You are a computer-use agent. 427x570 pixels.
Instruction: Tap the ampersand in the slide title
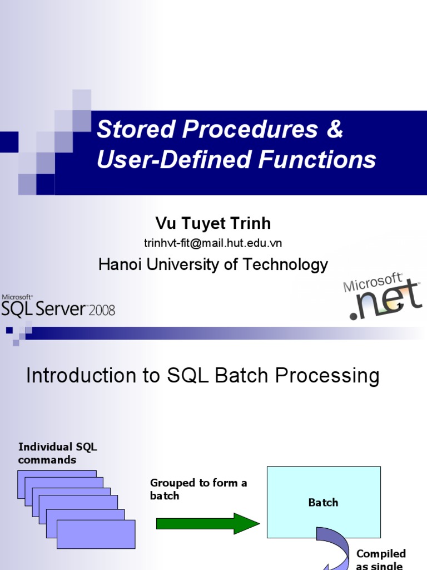[x=334, y=130]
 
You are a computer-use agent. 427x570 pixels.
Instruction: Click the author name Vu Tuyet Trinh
[x=213, y=223]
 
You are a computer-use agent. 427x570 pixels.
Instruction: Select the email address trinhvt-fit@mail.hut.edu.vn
[x=213, y=243]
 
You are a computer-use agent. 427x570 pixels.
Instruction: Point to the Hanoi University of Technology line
[x=213, y=264]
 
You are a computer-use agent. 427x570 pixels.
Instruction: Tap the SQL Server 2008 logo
[x=58, y=306]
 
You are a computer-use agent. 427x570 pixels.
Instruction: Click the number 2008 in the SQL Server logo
[x=102, y=309]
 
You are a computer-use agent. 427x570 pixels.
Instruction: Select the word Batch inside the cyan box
[x=323, y=503]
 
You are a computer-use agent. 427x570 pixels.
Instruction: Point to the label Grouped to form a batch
[x=198, y=489]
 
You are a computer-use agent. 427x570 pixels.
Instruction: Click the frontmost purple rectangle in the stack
[x=96, y=534]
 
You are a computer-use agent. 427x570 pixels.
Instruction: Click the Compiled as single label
[x=381, y=559]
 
